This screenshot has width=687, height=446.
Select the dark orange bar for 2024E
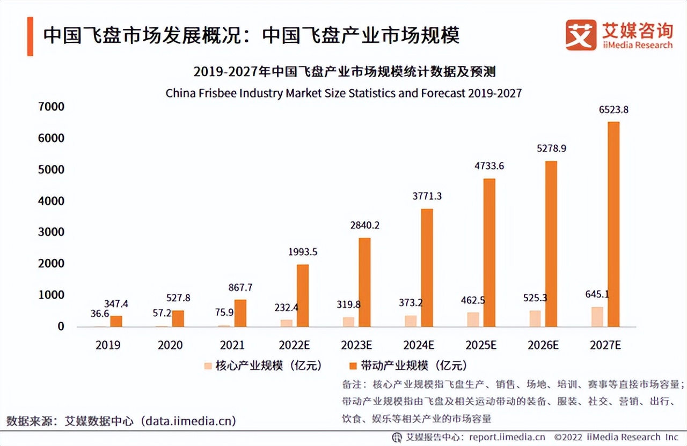[427, 267]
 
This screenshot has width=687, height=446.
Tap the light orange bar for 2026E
[535, 318]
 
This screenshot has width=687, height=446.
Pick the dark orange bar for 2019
[116, 321]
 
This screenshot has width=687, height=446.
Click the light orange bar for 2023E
[349, 322]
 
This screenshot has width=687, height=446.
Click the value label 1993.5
[303, 252]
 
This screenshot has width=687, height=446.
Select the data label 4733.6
[489, 166]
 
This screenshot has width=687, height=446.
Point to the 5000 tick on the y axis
[50, 169]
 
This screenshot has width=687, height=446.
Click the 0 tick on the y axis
[61, 326]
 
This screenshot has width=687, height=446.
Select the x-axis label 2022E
[294, 345]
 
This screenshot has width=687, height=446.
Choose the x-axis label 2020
[170, 345]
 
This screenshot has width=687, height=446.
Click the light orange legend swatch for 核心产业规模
[208, 366]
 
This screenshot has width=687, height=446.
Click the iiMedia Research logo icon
[581, 35]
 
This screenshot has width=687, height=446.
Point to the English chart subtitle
[343, 93]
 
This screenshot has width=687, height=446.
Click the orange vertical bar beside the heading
[30, 36]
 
